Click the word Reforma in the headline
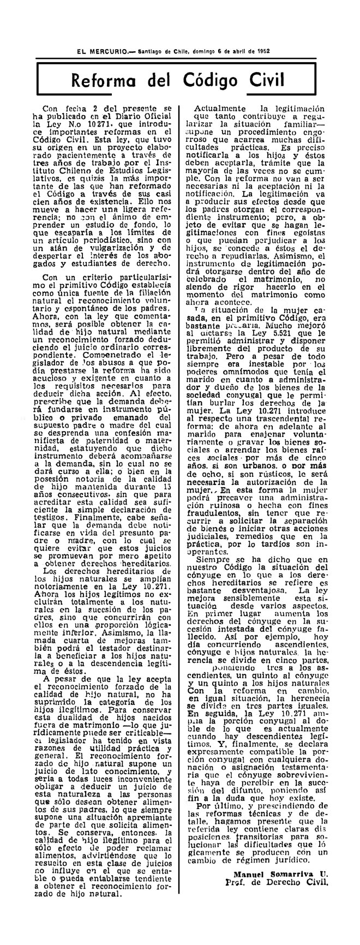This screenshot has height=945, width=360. coord(112,82)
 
